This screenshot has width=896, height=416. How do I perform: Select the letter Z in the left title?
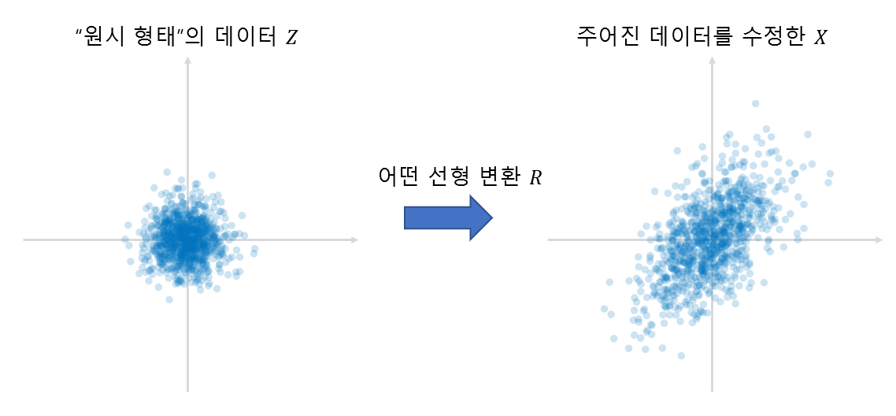(x=292, y=38)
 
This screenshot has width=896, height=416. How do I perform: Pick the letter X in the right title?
(x=820, y=38)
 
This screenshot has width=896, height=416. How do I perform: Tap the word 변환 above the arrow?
(x=499, y=176)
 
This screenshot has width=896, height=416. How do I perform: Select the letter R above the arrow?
(x=535, y=177)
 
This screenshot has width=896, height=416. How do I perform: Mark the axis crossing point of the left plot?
(x=187, y=240)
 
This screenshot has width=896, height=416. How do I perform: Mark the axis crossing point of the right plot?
(x=713, y=240)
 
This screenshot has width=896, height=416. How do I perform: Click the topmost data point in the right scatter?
(x=755, y=103)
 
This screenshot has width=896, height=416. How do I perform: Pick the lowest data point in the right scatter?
(x=681, y=355)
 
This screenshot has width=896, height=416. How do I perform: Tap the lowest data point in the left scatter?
(x=168, y=299)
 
